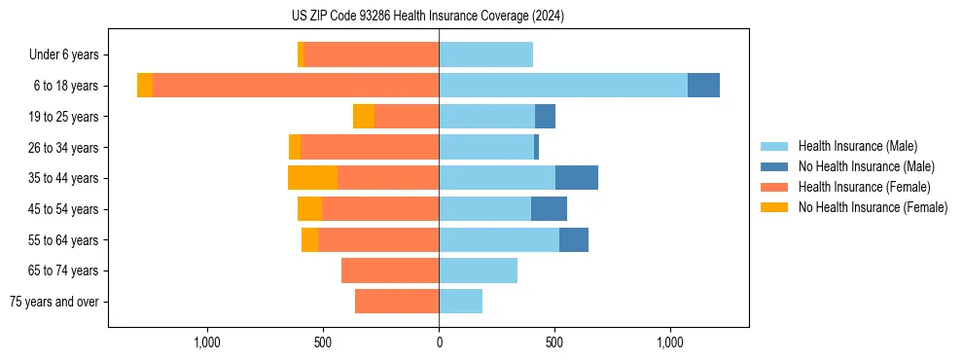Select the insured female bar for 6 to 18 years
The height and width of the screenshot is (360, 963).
296,86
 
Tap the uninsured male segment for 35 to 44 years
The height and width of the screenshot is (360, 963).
577,178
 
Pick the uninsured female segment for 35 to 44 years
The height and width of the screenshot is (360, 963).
313,178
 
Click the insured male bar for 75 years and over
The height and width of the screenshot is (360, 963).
461,302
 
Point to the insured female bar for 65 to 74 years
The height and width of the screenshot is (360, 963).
390,270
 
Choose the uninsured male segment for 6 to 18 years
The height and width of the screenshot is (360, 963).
703,86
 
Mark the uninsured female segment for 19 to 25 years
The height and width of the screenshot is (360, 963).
364,117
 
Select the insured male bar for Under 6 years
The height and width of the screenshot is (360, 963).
486,54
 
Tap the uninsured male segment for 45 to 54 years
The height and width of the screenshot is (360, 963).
549,209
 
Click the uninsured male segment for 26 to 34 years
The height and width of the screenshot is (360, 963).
537,147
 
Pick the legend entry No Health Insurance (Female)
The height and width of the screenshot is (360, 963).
873,207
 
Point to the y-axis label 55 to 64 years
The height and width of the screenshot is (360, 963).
64,240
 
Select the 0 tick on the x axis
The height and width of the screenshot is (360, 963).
439,342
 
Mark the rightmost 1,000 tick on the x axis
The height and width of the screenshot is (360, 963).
670,342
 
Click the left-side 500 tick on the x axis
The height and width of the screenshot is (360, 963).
324,342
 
